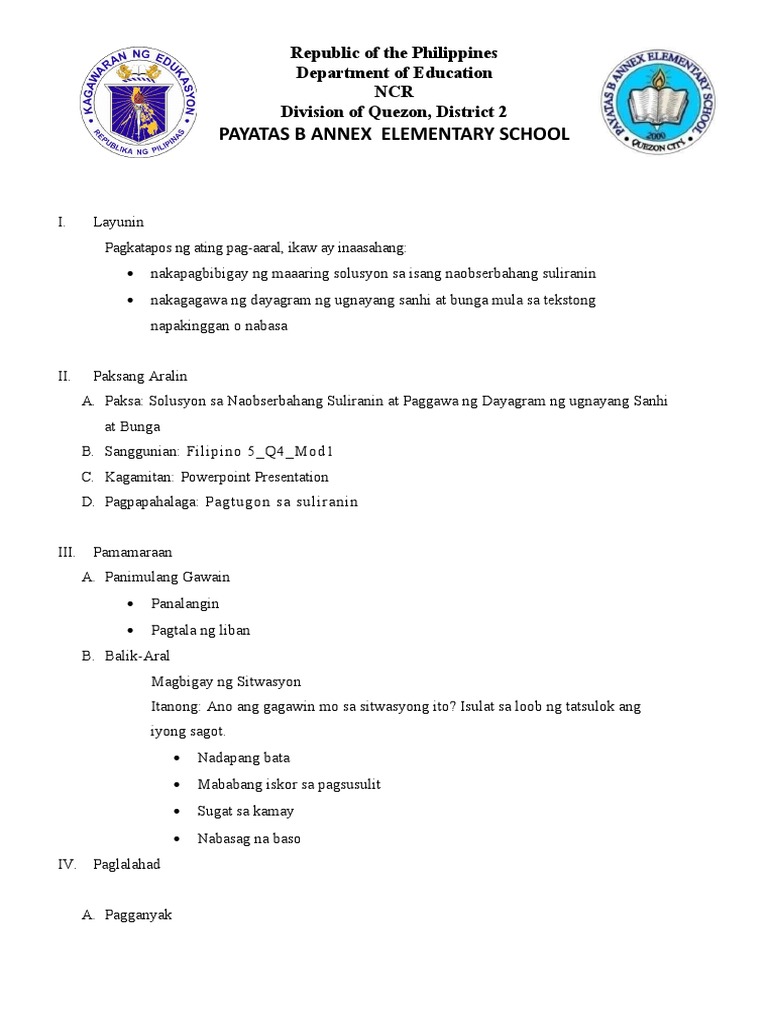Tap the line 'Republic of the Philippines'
pos(393,52)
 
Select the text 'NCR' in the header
pos(393,92)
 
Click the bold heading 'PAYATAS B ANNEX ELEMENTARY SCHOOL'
pos(393,134)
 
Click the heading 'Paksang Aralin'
pos(140,376)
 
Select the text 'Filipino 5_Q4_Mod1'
pos(268,451)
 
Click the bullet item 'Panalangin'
pos(185,604)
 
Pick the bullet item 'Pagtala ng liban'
pos(200,630)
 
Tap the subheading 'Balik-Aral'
pos(137,656)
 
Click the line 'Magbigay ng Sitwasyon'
pos(225,682)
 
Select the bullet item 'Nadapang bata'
pos(244,758)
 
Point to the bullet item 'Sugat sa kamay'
pos(246,811)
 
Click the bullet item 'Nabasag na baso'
pos(249,838)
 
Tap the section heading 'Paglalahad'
pos(126,864)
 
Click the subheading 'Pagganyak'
pos(138,915)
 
